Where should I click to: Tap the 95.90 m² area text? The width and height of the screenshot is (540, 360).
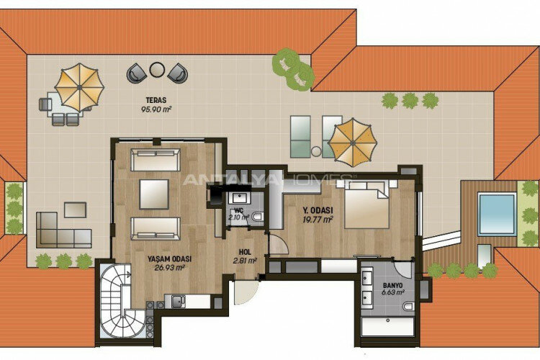tap(156, 109)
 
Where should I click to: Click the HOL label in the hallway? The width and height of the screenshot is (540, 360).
tap(246, 253)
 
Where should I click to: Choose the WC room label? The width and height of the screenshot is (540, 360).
tap(238, 209)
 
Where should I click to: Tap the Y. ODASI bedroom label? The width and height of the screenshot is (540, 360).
tap(317, 211)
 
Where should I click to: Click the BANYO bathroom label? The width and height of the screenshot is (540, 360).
tap(392, 285)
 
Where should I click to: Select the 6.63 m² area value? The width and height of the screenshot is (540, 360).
tap(392, 293)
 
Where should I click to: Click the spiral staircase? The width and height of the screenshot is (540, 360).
tap(122, 303)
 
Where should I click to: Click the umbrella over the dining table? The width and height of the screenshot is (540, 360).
tap(79, 86)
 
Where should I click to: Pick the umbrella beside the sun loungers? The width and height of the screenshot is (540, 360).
tap(353, 138)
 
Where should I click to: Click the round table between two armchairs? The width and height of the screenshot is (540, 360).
tap(156, 71)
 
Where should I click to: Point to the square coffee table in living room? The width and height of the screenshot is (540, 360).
tap(155, 192)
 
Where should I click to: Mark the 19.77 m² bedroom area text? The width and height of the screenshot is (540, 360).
tap(318, 220)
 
